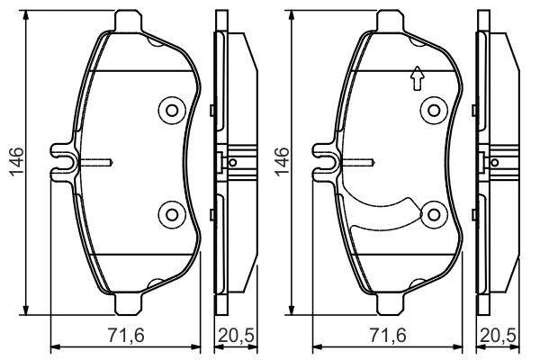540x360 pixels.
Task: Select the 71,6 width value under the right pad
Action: (388, 337)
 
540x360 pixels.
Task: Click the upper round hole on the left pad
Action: (171, 111)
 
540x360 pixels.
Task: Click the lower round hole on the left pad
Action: (171, 213)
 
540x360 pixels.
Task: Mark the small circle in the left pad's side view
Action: (233, 163)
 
